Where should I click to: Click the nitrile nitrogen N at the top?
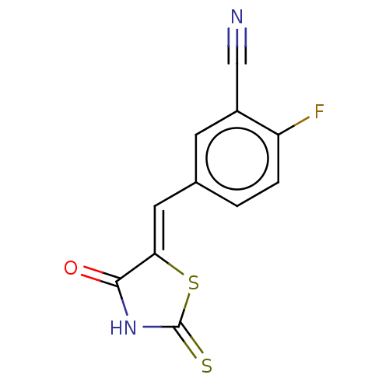237,16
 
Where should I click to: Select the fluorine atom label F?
319,111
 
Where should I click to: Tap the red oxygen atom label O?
71,268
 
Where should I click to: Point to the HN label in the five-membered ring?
123,328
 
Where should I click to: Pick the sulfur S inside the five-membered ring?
194,282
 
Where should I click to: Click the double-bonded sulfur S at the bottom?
207,366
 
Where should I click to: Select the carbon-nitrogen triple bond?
237,46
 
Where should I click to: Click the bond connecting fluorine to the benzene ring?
294,126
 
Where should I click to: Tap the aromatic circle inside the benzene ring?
237,128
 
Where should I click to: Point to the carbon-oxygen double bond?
100,276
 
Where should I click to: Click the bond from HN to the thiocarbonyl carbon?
161,327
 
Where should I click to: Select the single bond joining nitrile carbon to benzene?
237,87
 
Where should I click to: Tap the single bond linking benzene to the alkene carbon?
175,194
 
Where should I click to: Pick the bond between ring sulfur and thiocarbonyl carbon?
184,310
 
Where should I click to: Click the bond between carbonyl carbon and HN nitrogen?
122,298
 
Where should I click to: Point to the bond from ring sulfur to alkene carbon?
169,264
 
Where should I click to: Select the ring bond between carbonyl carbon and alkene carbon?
136,268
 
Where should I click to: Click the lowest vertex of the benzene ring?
237,206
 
